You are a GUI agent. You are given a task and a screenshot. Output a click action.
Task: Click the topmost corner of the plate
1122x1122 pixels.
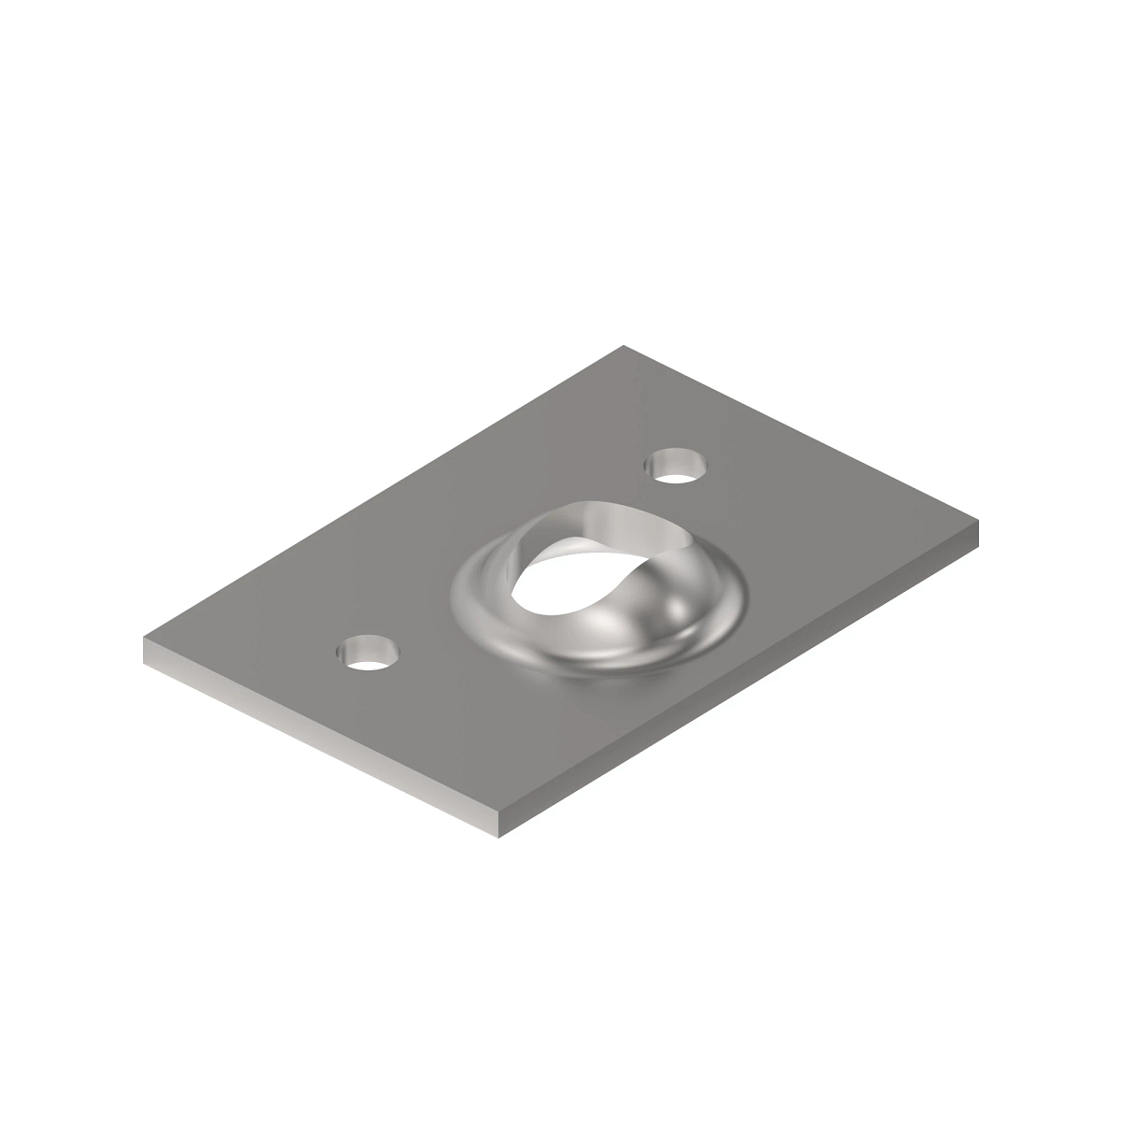(x=624, y=347)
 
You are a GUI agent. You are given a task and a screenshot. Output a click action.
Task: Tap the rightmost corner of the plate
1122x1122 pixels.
(x=978, y=525)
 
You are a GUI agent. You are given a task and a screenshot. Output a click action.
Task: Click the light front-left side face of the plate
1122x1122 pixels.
(x=318, y=739)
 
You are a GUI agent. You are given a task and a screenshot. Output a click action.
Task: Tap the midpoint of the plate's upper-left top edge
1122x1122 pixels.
(x=383, y=493)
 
